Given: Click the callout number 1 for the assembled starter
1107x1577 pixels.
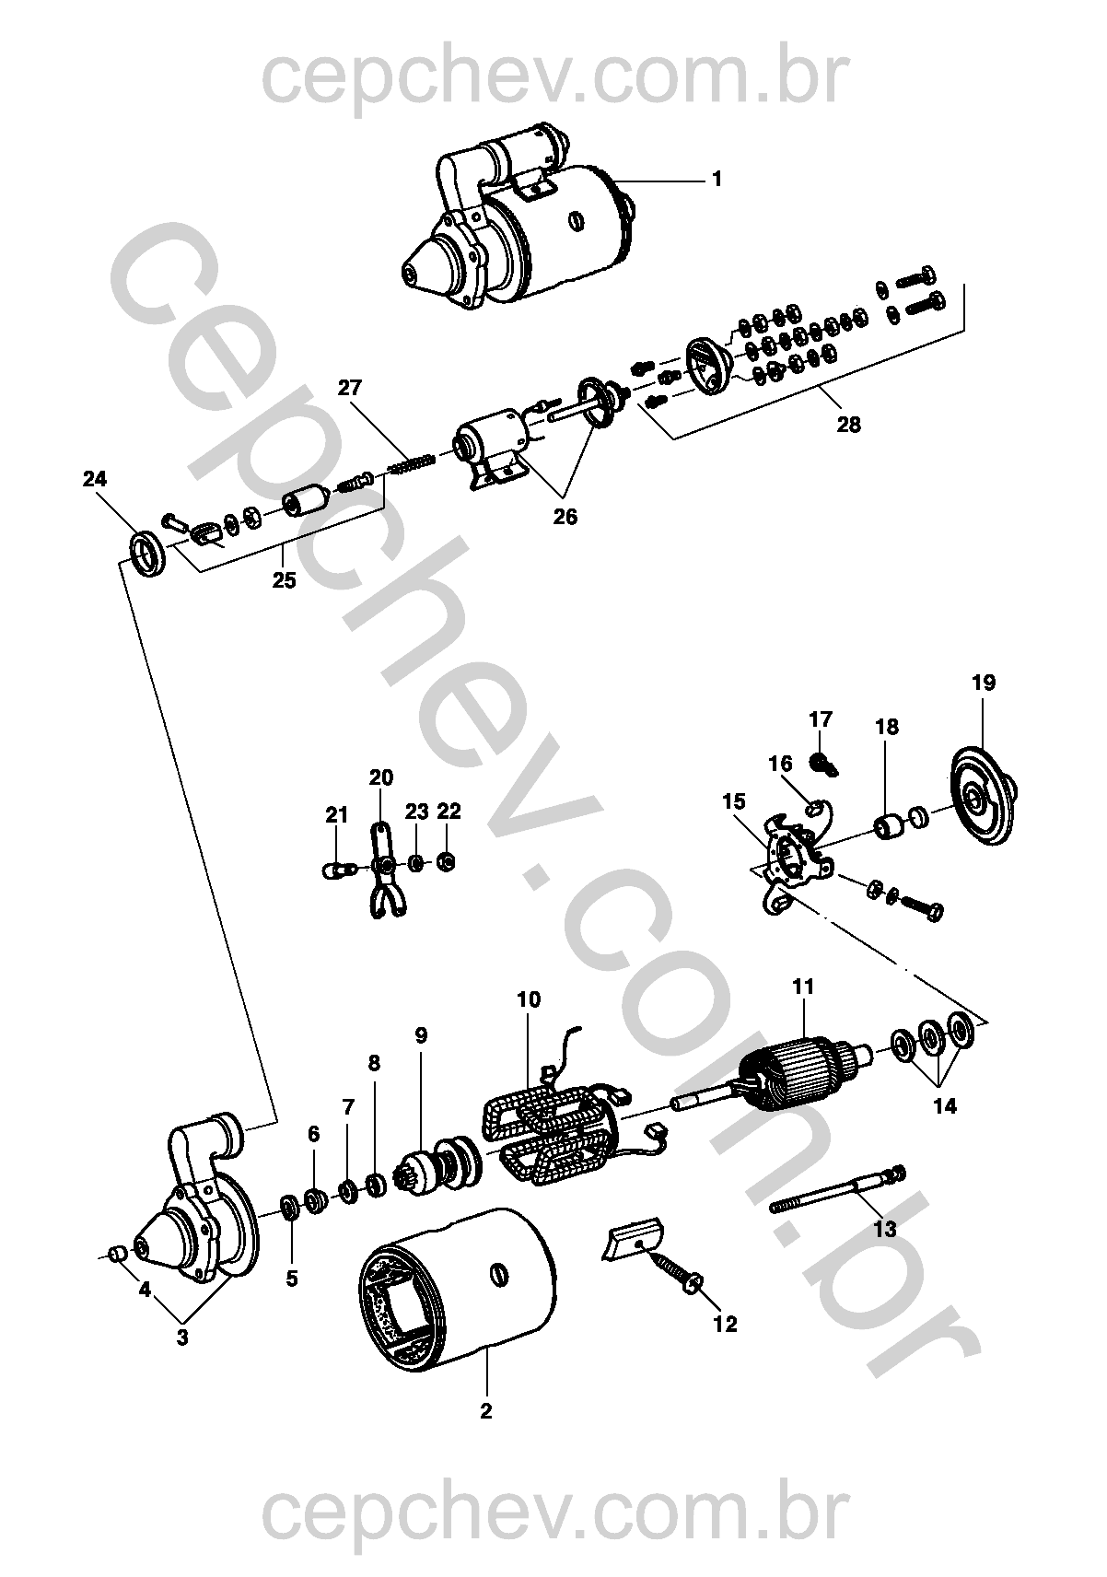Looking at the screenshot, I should pyautogui.click(x=717, y=179).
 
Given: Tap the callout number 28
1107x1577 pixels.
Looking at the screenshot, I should pyautogui.click(x=848, y=425).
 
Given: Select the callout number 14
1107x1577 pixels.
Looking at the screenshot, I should pyautogui.click(x=945, y=1106).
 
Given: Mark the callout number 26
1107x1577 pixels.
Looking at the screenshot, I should pyautogui.click(x=565, y=517).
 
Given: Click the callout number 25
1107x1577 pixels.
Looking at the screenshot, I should pyautogui.click(x=285, y=580).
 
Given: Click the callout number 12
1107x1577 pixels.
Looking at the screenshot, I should pyautogui.click(x=725, y=1324).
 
